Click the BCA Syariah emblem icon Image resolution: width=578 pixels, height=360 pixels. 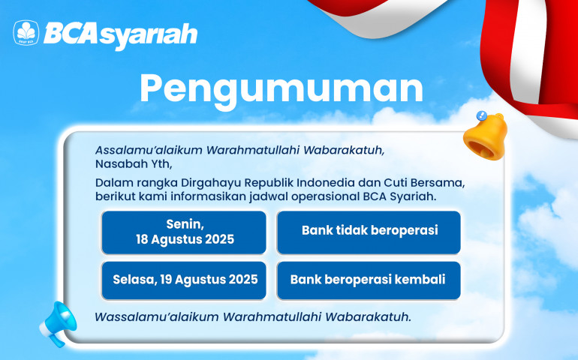26,33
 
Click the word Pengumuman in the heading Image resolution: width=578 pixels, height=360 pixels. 281,89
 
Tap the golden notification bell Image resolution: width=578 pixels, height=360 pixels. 486,136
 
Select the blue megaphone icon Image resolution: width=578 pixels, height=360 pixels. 59,324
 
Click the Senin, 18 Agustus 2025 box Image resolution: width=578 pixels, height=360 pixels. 184,232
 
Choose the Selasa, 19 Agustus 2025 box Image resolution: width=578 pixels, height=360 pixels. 184,280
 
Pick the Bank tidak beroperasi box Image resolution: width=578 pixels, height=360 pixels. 369,232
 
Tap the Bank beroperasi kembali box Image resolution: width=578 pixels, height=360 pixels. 369,280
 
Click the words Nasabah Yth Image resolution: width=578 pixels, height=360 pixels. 134,164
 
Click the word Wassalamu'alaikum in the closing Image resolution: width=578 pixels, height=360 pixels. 157,317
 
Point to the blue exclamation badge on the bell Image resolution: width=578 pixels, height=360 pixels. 481,115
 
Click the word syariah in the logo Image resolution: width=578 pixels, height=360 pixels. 148,36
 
